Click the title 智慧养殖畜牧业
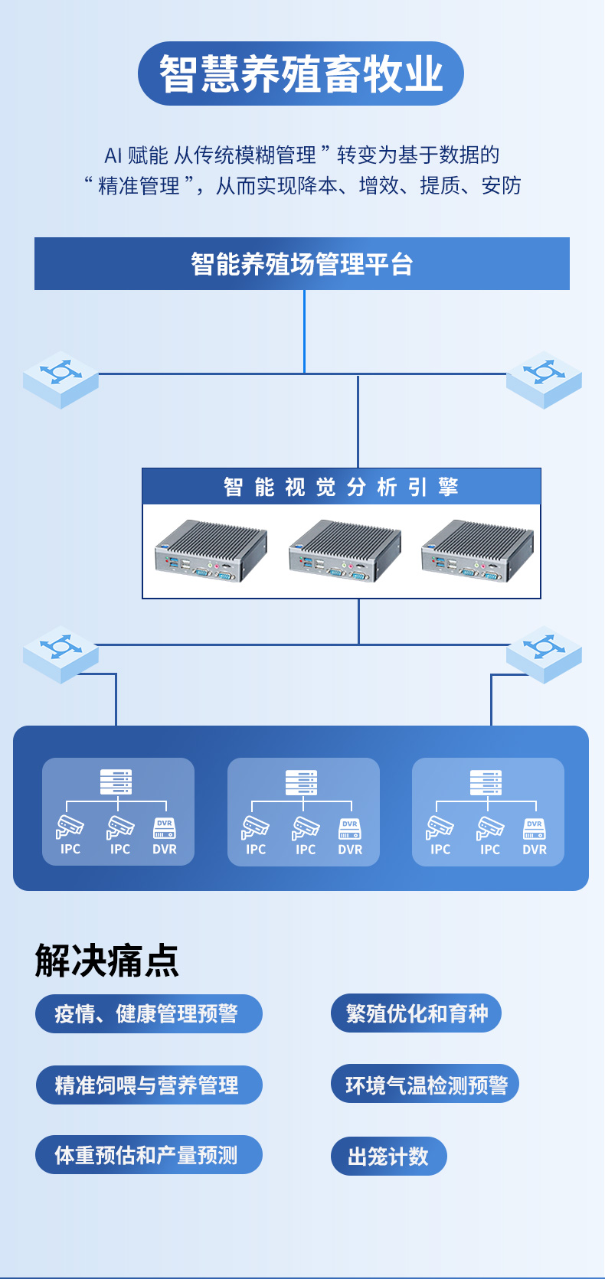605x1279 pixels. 301,73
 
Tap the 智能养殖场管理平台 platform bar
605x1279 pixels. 302,264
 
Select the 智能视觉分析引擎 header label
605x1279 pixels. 342,487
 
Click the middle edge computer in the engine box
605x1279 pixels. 345,551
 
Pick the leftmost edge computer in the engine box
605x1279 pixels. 211,551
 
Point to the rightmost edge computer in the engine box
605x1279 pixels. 477,551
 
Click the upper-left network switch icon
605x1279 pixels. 60,379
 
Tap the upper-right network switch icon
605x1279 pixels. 544,379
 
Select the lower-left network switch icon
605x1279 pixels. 60,654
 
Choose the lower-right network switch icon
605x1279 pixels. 544,654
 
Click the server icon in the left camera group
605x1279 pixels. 116,782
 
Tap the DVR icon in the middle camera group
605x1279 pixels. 350,829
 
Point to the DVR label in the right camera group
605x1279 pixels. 535,850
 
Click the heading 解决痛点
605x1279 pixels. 106,961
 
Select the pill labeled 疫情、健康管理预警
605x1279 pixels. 149,1014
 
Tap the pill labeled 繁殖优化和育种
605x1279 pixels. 416,1013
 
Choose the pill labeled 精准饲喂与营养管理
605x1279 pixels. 149,1085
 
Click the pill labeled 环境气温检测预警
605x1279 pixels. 425,1084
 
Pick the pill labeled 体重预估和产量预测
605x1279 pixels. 149,1155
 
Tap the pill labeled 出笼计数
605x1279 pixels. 388,1156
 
